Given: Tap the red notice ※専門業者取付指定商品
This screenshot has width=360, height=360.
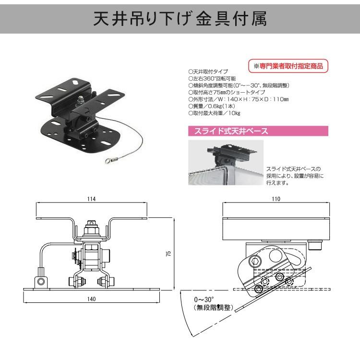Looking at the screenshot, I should pyautogui.click(x=288, y=65).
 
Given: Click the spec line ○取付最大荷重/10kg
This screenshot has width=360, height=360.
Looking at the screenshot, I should pyautogui.click(x=214, y=113).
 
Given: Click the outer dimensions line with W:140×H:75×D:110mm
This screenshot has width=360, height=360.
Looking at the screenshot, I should pyautogui.click(x=238, y=99).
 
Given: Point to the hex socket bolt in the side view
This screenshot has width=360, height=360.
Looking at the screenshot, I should pyautogui.click(x=255, y=261).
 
